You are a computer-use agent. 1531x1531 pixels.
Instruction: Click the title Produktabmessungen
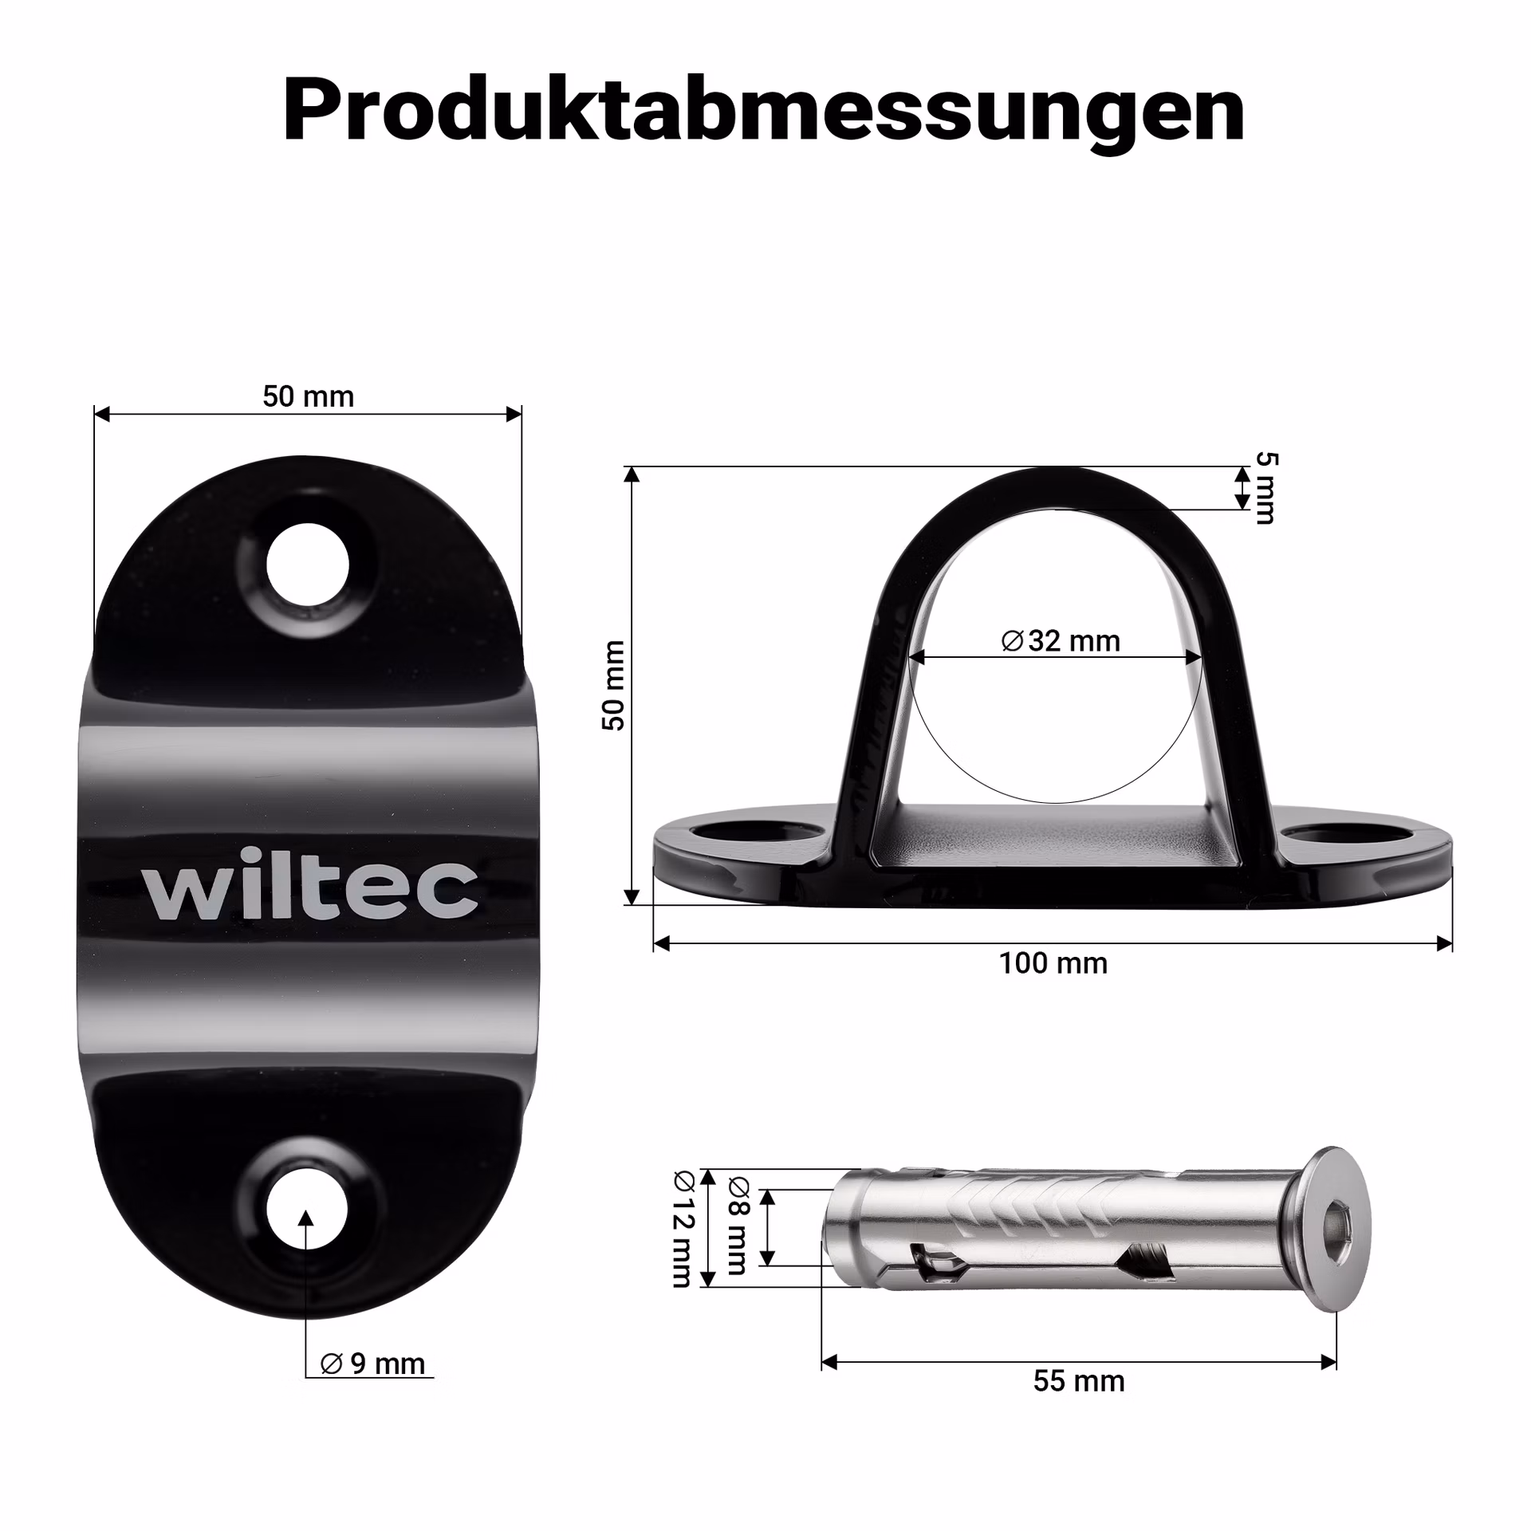764,112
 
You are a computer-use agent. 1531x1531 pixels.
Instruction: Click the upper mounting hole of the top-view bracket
308,565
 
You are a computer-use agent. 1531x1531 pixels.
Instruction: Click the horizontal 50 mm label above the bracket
308,396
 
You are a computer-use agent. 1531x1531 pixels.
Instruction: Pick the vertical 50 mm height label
613,685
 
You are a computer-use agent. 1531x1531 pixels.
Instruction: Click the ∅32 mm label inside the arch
1061,640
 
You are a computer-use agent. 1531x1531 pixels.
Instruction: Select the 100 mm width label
1053,963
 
